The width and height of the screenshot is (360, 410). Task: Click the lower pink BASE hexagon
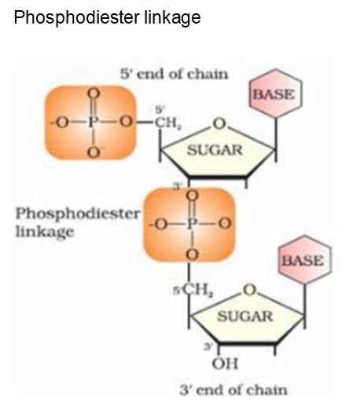[x=302, y=260]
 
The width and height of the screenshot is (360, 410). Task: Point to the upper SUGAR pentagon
[x=213, y=150]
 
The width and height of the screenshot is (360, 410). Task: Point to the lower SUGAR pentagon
[x=244, y=316]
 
